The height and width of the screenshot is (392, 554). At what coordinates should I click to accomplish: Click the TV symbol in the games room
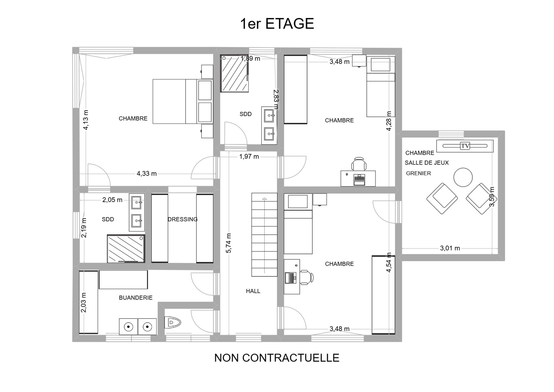point(465,146)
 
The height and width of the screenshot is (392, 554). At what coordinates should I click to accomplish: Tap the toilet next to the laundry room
point(172,322)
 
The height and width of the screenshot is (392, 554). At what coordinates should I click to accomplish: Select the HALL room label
point(253,291)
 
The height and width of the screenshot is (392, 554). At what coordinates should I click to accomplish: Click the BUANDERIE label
point(136,298)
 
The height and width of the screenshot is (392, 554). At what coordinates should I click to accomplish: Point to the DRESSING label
point(183,219)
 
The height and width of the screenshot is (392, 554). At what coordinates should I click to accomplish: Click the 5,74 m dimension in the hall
point(229,243)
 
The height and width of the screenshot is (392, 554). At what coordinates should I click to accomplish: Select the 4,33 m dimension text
point(147,174)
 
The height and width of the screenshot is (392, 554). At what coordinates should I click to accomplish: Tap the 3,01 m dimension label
point(450,248)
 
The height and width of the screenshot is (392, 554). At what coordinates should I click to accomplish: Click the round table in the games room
point(463,177)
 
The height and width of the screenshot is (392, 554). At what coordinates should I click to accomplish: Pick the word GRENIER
point(418,173)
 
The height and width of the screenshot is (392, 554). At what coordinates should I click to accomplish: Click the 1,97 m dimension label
point(249,157)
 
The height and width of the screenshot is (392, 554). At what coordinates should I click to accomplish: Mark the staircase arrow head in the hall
point(264,199)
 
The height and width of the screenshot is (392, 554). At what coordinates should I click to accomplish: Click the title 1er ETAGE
point(277,24)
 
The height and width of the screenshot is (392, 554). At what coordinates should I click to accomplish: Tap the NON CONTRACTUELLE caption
point(277,358)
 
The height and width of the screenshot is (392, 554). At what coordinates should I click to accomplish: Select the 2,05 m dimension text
point(112,200)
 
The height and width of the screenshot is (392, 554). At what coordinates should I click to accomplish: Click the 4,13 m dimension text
point(86,120)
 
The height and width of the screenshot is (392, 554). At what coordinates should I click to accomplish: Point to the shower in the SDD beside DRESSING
point(126,248)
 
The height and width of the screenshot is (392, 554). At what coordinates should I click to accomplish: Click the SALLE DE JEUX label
point(427,163)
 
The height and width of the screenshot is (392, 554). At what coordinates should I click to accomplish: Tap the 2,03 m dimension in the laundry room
point(83,303)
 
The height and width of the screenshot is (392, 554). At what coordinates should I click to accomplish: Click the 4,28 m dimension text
point(389,121)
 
